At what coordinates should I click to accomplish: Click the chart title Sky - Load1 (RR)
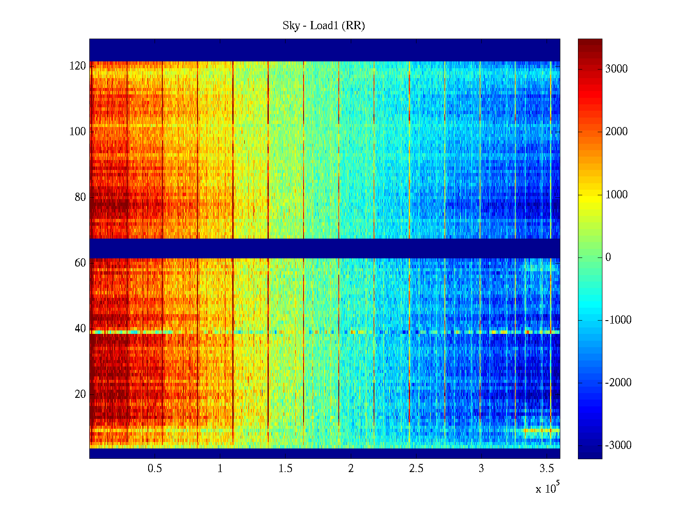[x=324, y=26]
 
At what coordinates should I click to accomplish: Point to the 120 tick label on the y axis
[x=78, y=66]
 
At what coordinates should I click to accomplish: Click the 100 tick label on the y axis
[x=78, y=132]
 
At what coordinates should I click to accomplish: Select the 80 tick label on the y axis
[x=80, y=197]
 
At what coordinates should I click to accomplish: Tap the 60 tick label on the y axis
[x=80, y=263]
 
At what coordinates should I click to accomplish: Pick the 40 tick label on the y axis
[x=80, y=329]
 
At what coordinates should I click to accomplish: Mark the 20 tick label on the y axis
[x=80, y=394]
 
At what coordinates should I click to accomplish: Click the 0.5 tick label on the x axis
[x=155, y=469]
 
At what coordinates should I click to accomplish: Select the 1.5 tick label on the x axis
[x=285, y=469]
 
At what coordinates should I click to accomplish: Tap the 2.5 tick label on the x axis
[x=416, y=469]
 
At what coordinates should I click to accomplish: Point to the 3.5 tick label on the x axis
[x=547, y=469]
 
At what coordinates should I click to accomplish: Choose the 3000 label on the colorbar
[x=617, y=69]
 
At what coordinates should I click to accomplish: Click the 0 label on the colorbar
[x=608, y=257]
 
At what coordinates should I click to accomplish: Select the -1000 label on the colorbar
[x=618, y=320]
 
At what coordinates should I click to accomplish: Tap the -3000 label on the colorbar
[x=618, y=445]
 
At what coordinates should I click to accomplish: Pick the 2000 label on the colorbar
[x=617, y=132]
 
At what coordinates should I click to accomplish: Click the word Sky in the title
[x=291, y=26]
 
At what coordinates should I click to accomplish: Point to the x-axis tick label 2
[x=351, y=469]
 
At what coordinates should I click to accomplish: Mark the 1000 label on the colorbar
[x=617, y=195]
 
